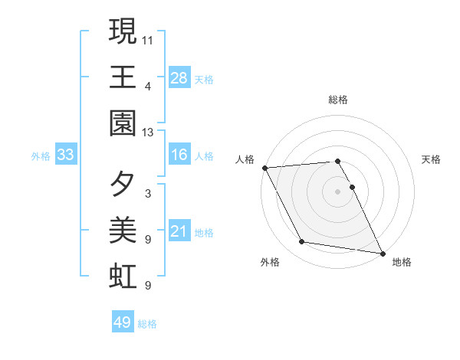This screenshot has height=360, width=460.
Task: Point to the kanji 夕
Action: pos(123,185)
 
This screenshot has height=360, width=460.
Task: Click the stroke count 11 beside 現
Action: pos(148,39)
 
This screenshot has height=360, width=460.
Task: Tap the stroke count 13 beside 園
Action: pos(148,133)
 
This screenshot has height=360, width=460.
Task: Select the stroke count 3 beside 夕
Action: pos(147,194)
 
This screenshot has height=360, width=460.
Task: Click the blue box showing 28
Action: pos(179,78)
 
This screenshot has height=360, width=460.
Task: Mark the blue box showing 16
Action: pos(179,155)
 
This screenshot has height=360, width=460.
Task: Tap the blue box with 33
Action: pos(66,155)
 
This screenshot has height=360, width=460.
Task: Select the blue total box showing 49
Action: pos(123,322)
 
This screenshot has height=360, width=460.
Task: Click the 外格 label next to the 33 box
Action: pos(41,156)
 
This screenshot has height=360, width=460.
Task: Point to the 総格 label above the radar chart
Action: pos(338,100)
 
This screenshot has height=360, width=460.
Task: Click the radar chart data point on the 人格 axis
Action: pos(264,168)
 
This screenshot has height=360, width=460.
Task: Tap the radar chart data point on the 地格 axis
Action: pos(382,252)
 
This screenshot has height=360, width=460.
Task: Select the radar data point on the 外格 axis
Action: pos(302,242)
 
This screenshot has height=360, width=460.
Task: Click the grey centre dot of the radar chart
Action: pos(338,191)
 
